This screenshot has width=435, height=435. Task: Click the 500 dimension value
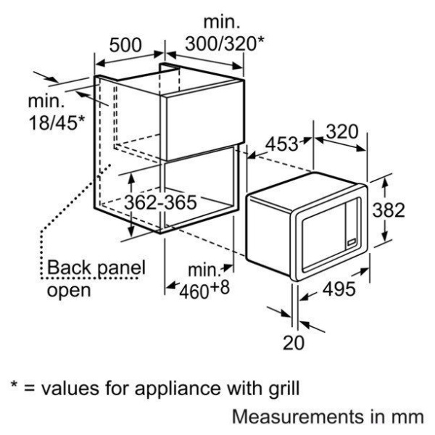pos(125,45)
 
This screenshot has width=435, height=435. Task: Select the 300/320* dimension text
pos(225,43)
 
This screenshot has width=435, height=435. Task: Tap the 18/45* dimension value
pos(57,123)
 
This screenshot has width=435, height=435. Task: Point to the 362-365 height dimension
pos(160,202)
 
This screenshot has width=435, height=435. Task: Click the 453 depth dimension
pos(281,144)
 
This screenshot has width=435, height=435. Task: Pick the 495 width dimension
pos(339,289)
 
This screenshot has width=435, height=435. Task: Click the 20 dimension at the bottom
pos(294,342)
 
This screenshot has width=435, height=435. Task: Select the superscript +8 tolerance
pos(220,287)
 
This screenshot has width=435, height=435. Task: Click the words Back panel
pos(96,268)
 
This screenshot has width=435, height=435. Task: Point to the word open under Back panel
pos(69,291)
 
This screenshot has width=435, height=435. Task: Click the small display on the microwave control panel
pos(352,242)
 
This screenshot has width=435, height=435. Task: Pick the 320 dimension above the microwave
pos(342,132)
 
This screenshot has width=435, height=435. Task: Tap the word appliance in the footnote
pos(179,388)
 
